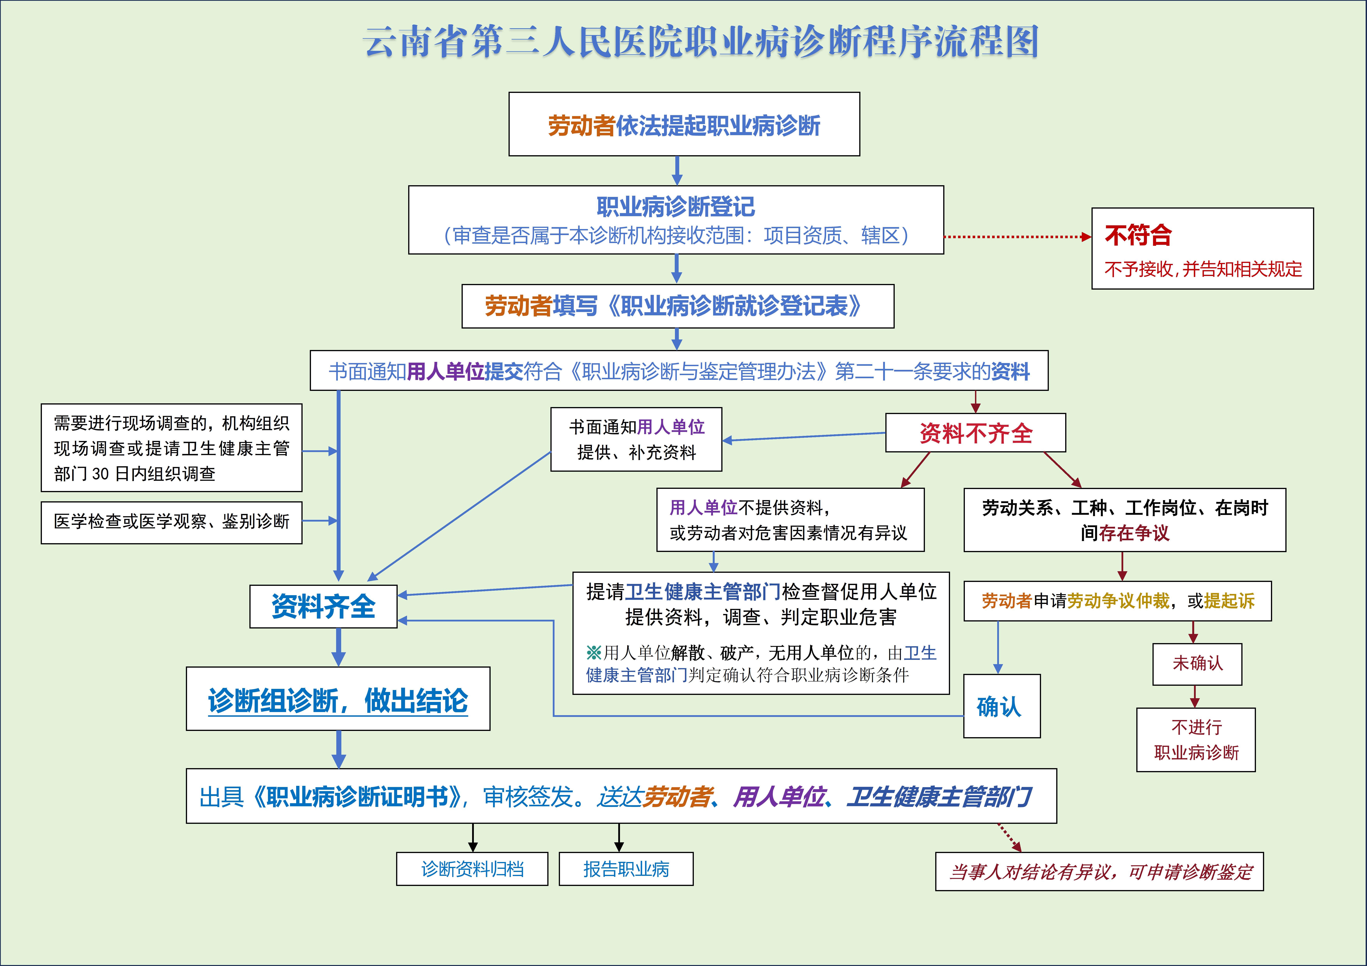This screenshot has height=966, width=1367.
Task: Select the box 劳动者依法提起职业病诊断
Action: click(684, 124)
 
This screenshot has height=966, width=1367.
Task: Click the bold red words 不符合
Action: click(1138, 235)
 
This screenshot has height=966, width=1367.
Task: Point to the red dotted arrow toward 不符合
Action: click(1017, 237)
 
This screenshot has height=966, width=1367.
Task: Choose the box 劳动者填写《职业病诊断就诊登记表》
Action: click(677, 306)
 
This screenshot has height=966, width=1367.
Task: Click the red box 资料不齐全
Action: click(975, 433)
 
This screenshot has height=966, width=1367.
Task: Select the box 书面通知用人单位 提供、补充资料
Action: click(636, 439)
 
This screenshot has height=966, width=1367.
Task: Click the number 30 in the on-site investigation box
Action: click(100, 474)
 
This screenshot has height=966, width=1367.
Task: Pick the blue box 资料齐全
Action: click(323, 606)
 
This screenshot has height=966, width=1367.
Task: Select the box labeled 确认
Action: click(1001, 706)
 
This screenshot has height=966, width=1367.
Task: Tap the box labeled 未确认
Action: click(1197, 664)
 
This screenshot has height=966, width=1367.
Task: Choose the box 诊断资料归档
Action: click(472, 869)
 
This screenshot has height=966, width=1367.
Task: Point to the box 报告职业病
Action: click(626, 869)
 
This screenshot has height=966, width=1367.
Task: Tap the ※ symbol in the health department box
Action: click(594, 653)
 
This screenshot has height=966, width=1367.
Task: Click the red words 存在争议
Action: click(1134, 533)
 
